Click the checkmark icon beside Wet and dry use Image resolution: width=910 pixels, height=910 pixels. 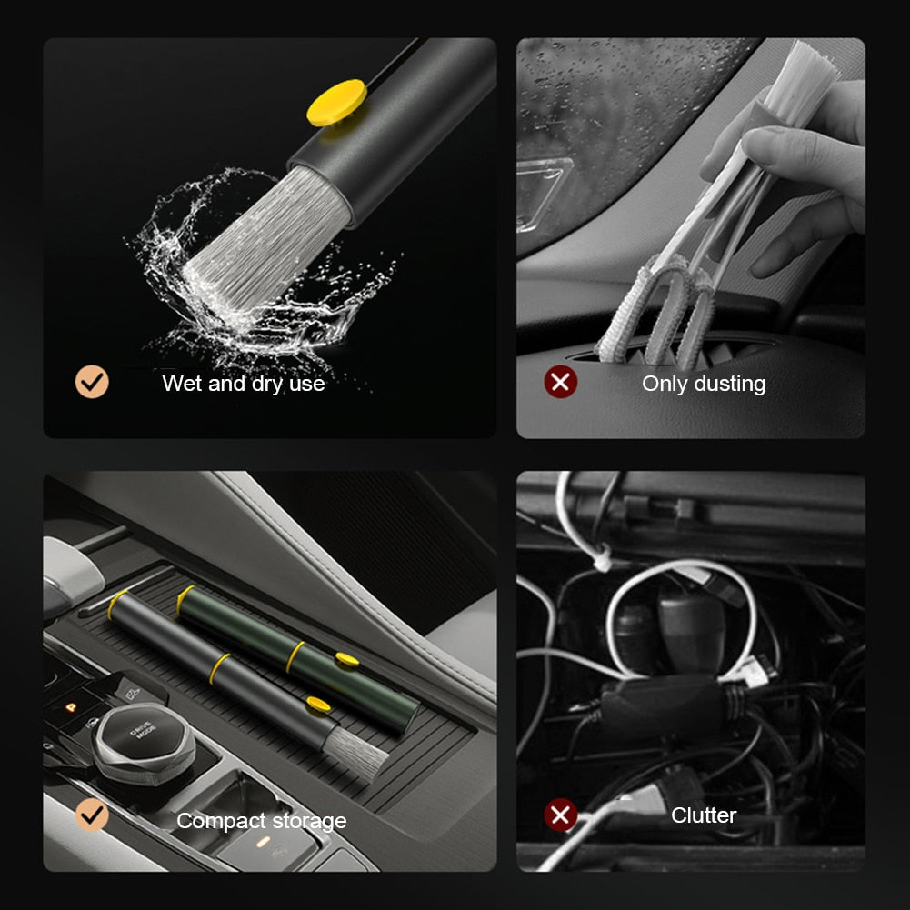click(x=92, y=382)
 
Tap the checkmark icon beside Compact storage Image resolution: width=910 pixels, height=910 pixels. click(x=92, y=815)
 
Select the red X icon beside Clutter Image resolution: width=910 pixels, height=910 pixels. click(x=561, y=815)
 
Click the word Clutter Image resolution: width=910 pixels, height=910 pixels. click(x=703, y=815)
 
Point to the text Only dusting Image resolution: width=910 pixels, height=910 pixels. click(x=703, y=384)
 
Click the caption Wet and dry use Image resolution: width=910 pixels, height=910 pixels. click(x=243, y=384)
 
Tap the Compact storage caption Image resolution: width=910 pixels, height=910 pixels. click(x=261, y=821)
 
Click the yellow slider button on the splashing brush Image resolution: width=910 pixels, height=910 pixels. click(x=335, y=102)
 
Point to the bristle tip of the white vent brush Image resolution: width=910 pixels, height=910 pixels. click(x=800, y=68)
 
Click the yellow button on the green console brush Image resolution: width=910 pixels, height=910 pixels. click(x=346, y=658)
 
